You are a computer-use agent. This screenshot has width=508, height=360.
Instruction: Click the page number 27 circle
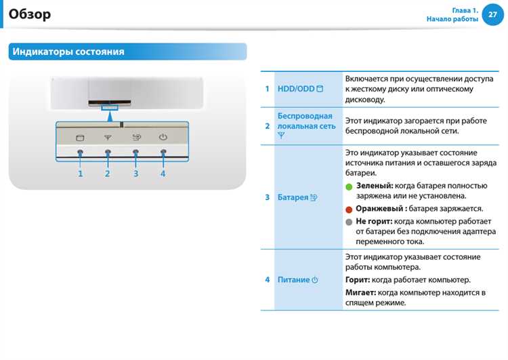(492, 14)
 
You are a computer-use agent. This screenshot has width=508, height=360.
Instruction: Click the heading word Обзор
(30, 14)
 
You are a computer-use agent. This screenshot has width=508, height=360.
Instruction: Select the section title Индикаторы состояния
(68, 52)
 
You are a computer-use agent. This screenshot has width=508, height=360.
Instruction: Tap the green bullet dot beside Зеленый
(349, 186)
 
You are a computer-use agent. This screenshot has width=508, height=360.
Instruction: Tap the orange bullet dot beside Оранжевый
(349, 209)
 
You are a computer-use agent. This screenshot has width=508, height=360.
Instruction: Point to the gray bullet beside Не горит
(349, 222)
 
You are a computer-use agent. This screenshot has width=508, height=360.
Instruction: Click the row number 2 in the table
(267, 126)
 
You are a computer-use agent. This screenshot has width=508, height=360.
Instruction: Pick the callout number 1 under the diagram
(80, 174)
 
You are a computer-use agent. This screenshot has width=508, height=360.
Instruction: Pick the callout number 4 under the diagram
(163, 174)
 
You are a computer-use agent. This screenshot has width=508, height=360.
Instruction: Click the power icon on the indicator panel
(163, 137)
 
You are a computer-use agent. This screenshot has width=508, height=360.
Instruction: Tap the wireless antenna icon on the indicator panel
(108, 137)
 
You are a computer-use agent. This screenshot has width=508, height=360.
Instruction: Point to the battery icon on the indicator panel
(135, 137)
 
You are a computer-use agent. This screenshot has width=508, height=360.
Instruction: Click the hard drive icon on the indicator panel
(80, 137)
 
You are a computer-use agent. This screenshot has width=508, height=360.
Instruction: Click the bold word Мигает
(360, 292)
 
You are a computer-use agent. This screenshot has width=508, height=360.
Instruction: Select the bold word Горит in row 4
(357, 279)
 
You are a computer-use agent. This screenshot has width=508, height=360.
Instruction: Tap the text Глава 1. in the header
(465, 10)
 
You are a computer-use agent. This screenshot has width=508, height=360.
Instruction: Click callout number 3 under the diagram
(135, 174)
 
